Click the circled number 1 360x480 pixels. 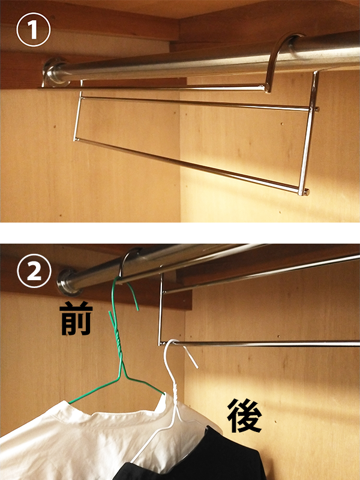pos(33,29)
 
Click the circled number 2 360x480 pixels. pos(34,271)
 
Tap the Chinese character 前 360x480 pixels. pos(76,319)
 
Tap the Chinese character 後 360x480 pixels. pos(244,416)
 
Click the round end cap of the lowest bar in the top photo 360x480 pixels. pos(304,192)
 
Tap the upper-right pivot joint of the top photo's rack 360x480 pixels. pos(314,109)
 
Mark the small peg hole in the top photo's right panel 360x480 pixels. pos(281,124)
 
